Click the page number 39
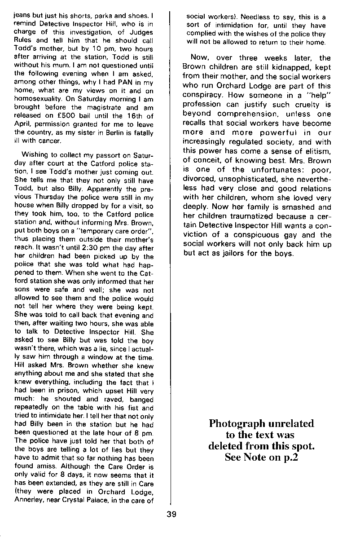(x=171, y=515)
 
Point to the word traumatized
(x=259, y=216)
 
